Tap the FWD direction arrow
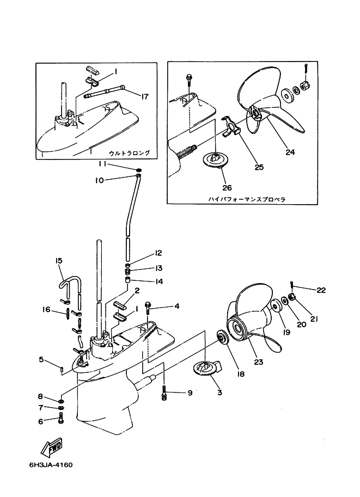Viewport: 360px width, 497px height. click(x=51, y=449)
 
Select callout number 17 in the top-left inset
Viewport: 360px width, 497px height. click(x=144, y=97)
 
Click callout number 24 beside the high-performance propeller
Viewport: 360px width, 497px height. click(x=290, y=152)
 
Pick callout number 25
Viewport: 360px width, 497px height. click(x=259, y=167)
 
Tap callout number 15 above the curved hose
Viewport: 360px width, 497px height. click(x=59, y=261)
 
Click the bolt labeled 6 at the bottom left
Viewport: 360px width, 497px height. click(x=61, y=419)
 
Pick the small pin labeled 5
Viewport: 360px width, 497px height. click(x=62, y=371)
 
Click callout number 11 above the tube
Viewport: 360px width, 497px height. click(x=102, y=164)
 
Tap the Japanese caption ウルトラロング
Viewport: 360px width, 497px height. click(x=129, y=153)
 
